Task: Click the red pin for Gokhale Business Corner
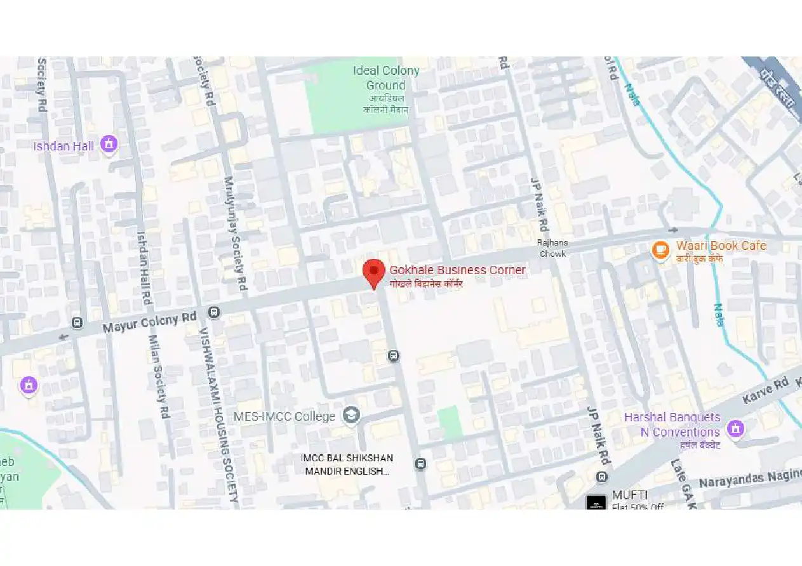374,272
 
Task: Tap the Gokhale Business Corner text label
457,270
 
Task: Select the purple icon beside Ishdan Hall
109,145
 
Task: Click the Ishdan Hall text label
63,147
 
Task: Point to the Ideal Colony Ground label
385,78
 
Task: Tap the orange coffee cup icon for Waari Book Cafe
660,249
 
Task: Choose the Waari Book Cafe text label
721,246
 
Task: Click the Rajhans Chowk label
552,248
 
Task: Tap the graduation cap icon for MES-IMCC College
351,416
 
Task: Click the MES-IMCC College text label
284,417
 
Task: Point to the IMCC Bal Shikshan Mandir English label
347,464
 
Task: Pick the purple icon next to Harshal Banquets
735,428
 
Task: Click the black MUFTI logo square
596,502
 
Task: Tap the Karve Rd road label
765,392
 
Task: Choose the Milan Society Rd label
159,376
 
